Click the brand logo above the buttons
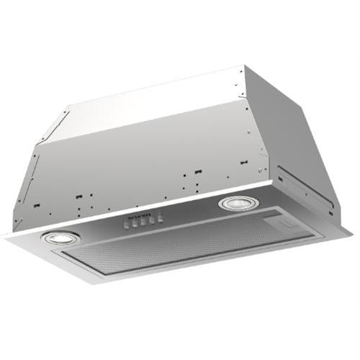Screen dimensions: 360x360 pyautogui.click(x=140, y=215)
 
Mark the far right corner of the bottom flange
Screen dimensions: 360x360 pyautogui.click(x=351, y=230)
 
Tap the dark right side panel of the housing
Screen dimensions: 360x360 pyautogui.click(x=302, y=144)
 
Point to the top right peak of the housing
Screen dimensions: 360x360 pyautogui.click(x=245, y=67)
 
